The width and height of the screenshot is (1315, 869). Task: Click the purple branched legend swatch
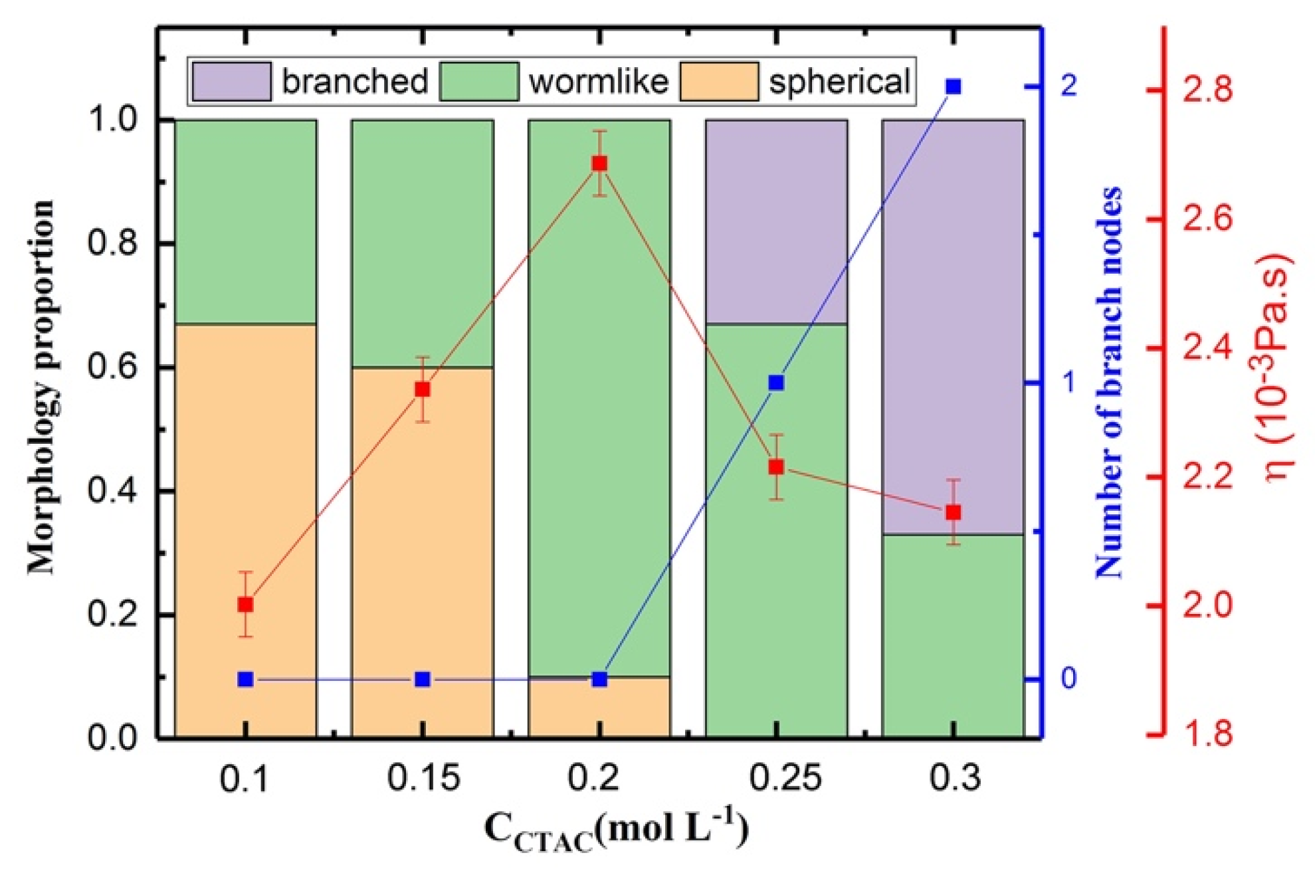click(231, 82)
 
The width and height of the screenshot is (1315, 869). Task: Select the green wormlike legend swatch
click(478, 82)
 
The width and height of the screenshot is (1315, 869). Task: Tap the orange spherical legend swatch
click(718, 82)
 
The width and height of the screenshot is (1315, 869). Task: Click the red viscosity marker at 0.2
click(599, 163)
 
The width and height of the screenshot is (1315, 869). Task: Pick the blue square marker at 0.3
click(954, 86)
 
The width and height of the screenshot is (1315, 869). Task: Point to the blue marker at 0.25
click(776, 383)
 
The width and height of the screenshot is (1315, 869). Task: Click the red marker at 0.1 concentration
click(245, 605)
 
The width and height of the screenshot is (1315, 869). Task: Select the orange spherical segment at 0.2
click(599, 707)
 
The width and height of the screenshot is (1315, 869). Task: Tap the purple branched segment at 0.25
click(776, 222)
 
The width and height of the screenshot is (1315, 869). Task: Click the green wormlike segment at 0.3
click(954, 635)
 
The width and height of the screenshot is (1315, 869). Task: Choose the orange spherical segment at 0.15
click(423, 551)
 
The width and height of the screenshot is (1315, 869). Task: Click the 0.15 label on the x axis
click(423, 778)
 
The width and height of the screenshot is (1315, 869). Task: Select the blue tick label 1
click(1068, 383)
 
